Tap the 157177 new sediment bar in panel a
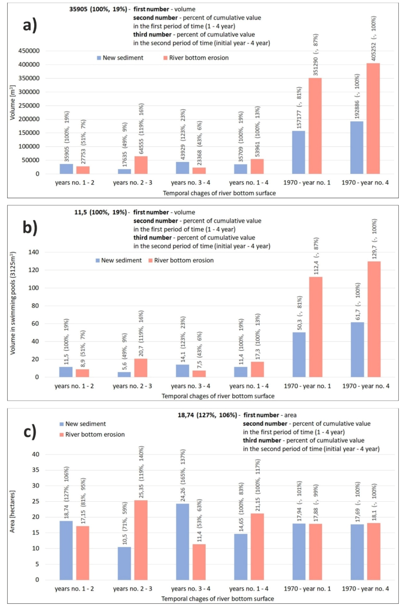[298, 152]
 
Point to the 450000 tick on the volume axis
[29, 51]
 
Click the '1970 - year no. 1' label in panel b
[307, 386]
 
